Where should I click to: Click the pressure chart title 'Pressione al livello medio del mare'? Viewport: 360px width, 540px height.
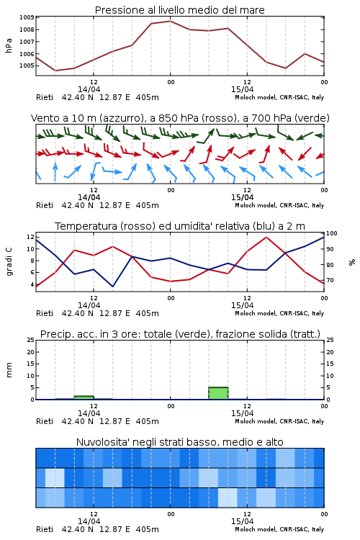click(179, 10)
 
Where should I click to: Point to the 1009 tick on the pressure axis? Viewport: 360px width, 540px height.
click(27, 17)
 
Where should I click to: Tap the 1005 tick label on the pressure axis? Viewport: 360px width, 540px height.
click(27, 66)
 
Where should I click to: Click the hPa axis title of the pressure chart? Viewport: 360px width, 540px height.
click(9, 45)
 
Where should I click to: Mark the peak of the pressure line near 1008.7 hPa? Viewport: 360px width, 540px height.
click(170, 21)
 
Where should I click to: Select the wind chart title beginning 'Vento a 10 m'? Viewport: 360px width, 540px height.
click(180, 118)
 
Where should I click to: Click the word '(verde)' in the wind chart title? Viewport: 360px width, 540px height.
click(314, 118)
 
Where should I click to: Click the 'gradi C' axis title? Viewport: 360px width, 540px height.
click(9, 261)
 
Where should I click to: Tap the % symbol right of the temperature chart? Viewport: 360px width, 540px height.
click(352, 262)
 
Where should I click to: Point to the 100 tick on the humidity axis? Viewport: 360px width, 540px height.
click(331, 233)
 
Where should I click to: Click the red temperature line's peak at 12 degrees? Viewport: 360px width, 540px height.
click(266, 237)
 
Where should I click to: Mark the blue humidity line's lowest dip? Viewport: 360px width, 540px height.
click(112, 287)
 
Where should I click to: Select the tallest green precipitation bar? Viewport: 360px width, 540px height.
click(218, 393)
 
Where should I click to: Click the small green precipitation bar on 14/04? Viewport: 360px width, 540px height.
click(84, 397)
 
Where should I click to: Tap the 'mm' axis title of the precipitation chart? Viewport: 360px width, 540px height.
click(9, 370)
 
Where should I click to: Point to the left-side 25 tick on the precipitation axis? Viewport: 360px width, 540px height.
click(31, 340)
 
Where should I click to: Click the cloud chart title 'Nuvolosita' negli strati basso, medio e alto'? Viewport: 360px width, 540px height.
click(179, 442)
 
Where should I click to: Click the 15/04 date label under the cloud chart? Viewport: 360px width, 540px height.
click(242, 521)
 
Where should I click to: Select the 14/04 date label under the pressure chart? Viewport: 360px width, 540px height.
click(89, 89)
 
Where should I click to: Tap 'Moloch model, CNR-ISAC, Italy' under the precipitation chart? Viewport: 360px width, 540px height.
click(279, 421)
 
